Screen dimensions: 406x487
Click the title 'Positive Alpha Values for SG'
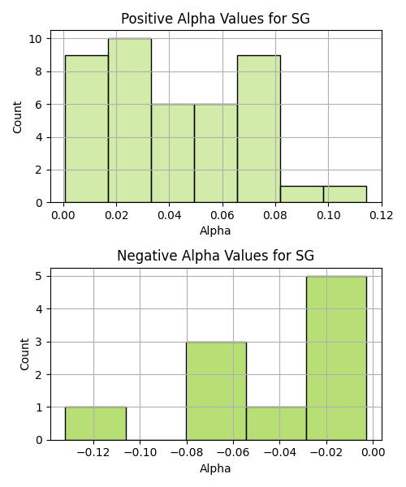[x=215, y=19]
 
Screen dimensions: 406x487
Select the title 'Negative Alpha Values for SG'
[x=215, y=256]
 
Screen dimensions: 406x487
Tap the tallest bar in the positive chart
[x=130, y=120]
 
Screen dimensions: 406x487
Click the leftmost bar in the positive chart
[x=87, y=129]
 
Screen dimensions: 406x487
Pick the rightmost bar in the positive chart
[x=345, y=195]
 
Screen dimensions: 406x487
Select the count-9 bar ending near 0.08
[x=259, y=129]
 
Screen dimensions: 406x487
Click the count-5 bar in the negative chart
[x=336, y=358]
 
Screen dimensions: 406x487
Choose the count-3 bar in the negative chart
[x=217, y=391]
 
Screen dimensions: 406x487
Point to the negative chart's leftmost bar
[x=96, y=424]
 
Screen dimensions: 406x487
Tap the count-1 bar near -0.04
[x=276, y=424]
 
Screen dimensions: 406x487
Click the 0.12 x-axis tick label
[x=381, y=215]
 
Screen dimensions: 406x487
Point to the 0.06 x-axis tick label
[x=222, y=215]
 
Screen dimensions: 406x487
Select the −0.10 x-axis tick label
[x=140, y=453]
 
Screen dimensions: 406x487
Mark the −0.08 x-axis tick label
[x=187, y=453]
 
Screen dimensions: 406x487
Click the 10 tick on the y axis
[x=36, y=39]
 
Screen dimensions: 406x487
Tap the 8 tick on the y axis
[x=39, y=71]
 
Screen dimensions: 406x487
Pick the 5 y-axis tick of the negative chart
[x=39, y=277]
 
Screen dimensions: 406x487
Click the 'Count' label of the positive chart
[x=17, y=117]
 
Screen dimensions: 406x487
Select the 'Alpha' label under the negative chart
[x=215, y=468]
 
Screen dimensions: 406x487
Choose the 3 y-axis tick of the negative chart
[x=39, y=342]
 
